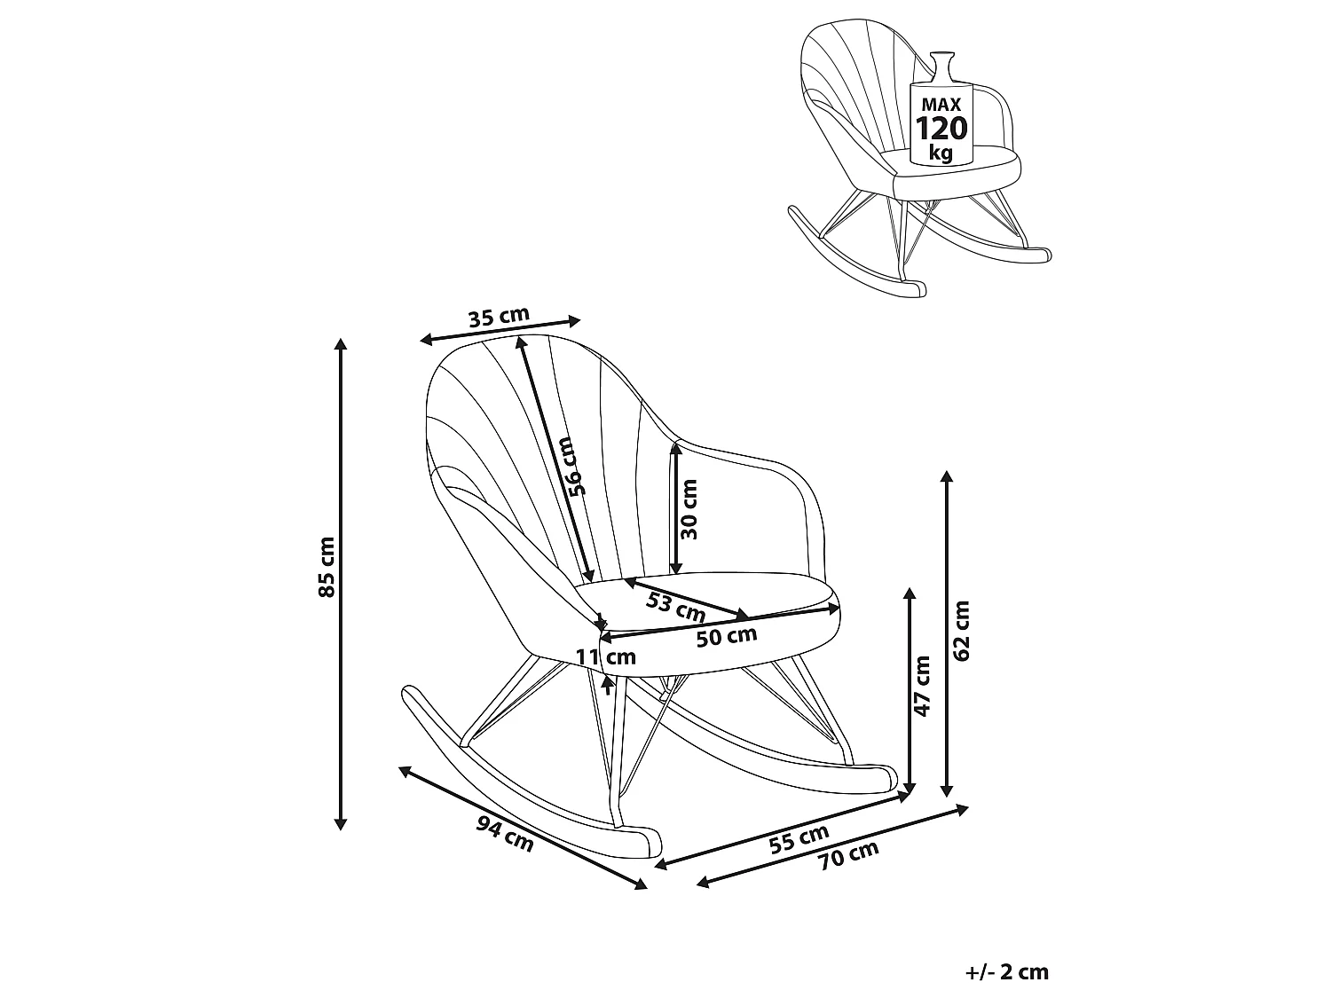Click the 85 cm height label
[x=327, y=567]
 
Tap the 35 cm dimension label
[x=499, y=317]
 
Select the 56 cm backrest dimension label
[x=573, y=466]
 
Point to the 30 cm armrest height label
[x=689, y=509]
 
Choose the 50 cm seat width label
[x=727, y=637]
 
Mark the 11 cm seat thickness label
[x=605, y=656]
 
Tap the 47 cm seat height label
[x=922, y=686]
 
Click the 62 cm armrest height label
[x=962, y=631]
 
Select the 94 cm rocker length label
[x=505, y=835]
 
